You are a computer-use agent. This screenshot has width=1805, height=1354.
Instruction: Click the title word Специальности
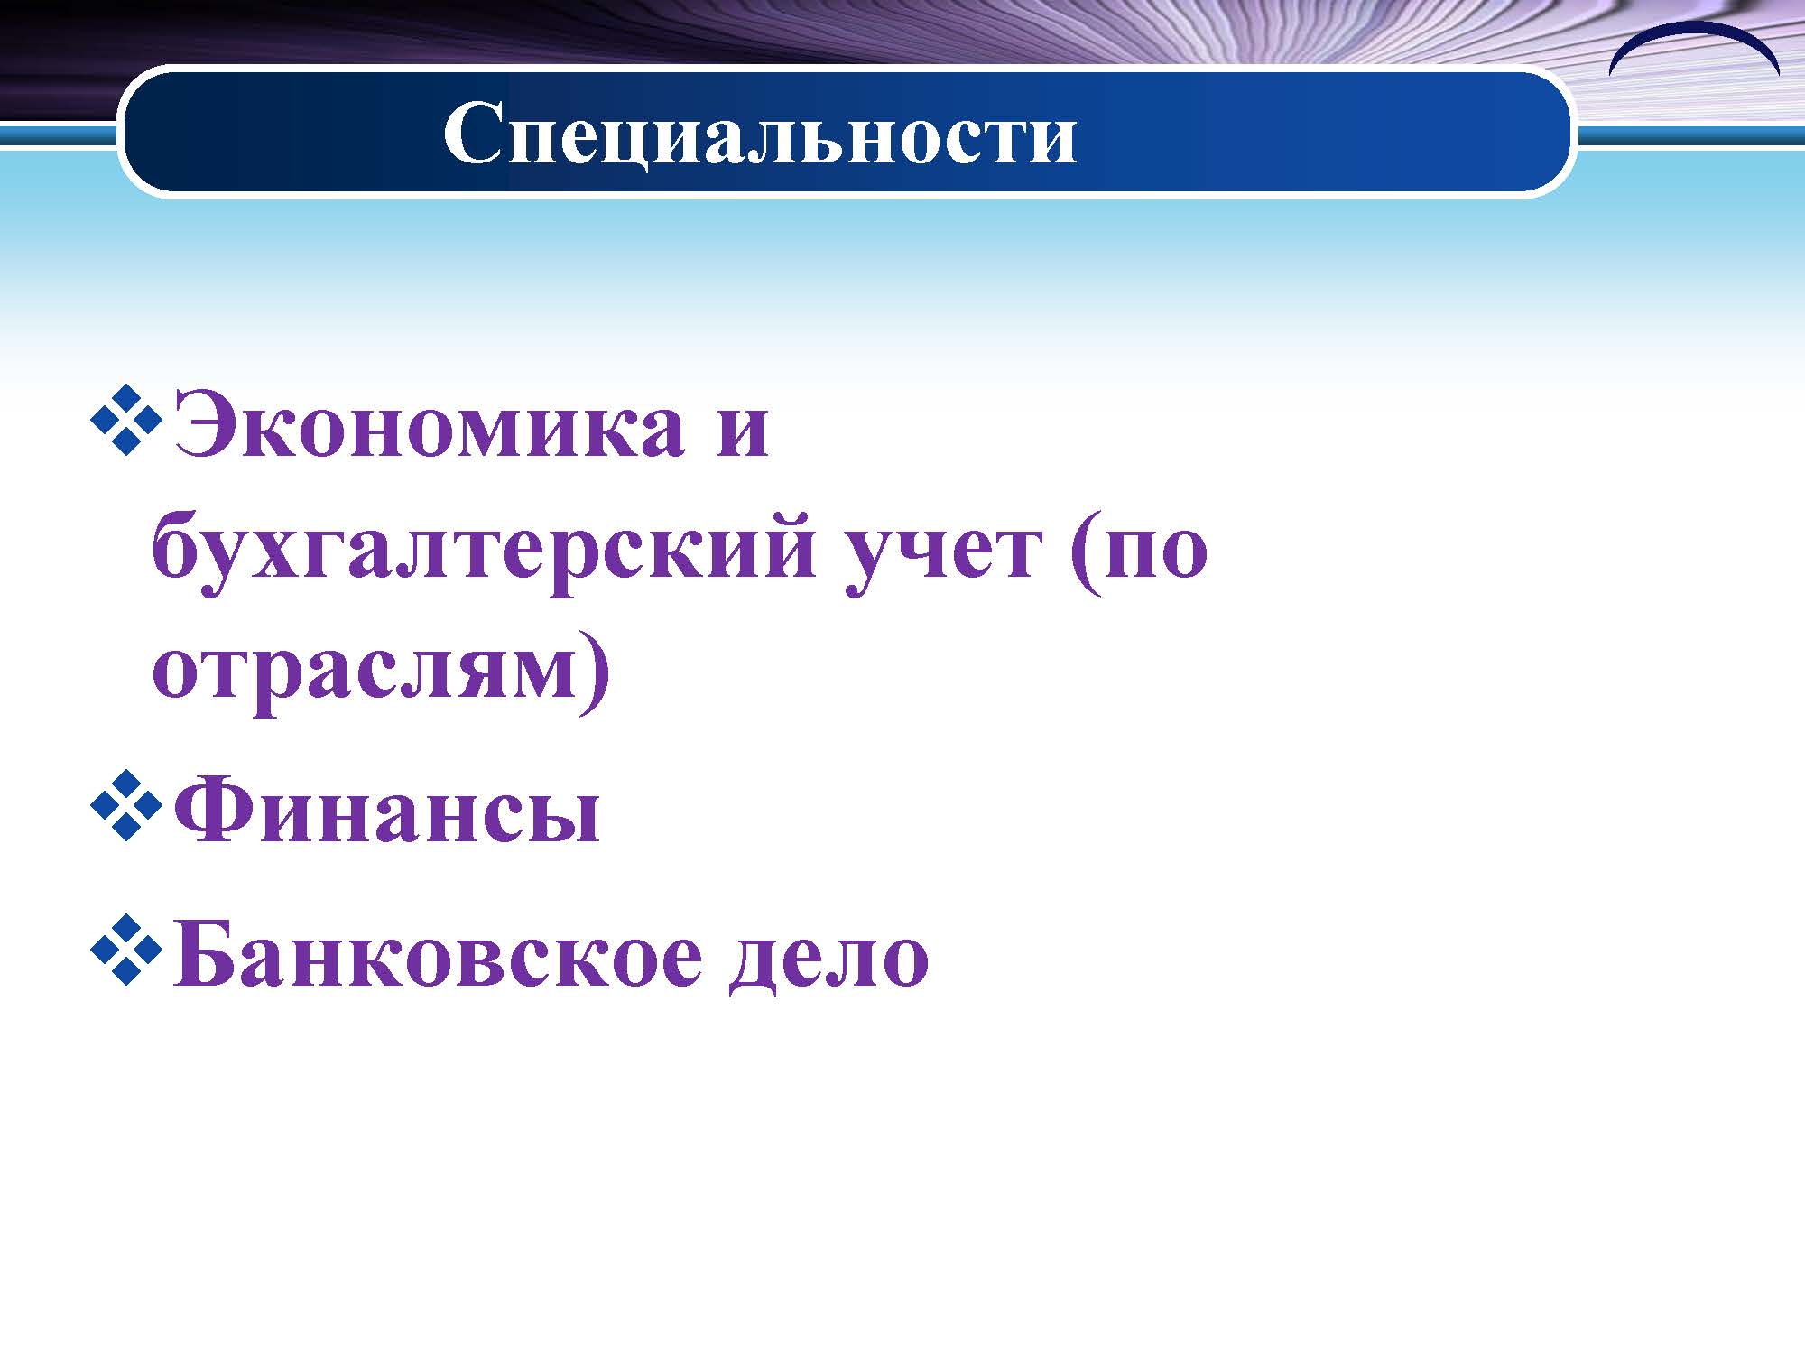point(760,134)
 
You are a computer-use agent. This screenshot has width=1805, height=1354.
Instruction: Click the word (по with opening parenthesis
point(1140,550)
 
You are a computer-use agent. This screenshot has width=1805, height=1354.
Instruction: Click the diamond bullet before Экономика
point(127,421)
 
